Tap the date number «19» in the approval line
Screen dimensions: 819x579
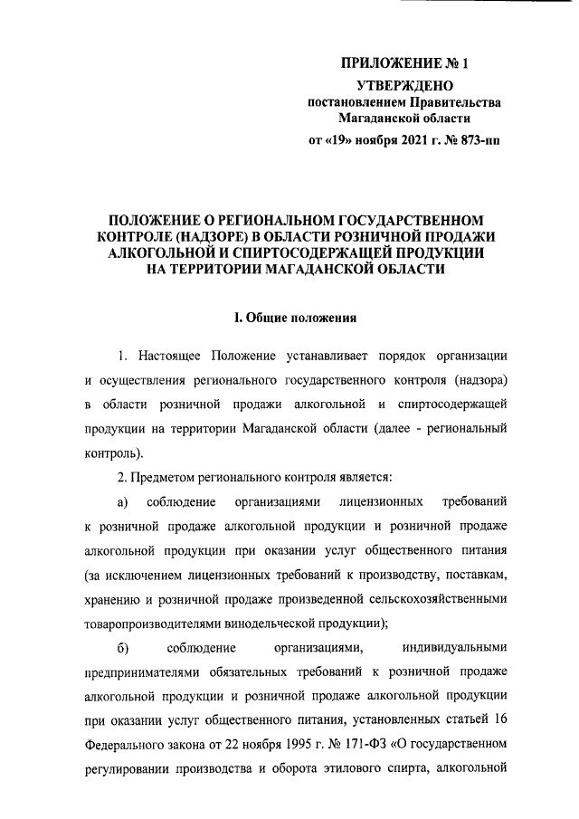pyautogui.click(x=342, y=140)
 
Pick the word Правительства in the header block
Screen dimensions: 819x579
pyautogui.click(x=451, y=102)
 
